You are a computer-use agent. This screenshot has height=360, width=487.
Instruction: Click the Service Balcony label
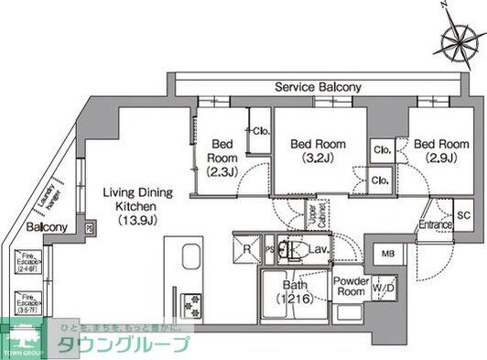click(x=318, y=87)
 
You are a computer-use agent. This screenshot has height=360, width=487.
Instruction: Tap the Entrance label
click(x=436, y=224)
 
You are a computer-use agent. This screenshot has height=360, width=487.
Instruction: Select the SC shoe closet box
click(x=463, y=215)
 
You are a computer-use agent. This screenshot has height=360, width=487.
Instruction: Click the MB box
click(x=388, y=254)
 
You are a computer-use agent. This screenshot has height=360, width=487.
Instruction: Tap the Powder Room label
click(x=350, y=286)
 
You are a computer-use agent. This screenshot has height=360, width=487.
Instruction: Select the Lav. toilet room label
click(x=319, y=248)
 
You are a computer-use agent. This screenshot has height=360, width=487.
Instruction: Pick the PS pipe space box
click(x=269, y=248)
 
